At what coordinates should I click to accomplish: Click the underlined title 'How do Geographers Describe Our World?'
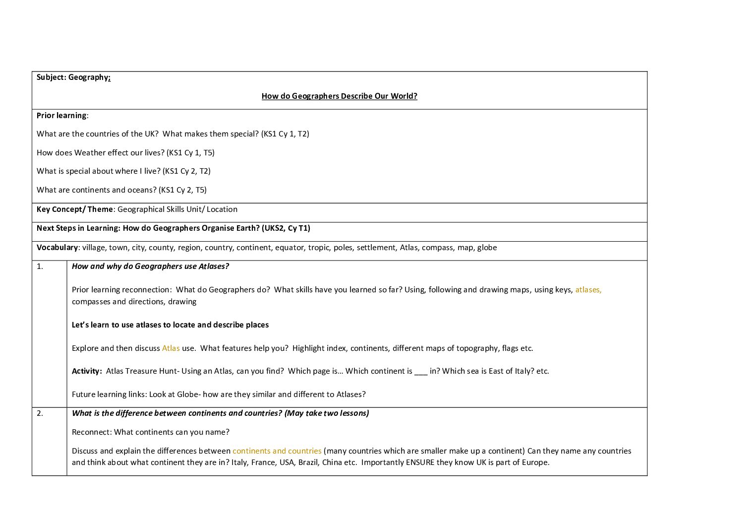pos(339,96)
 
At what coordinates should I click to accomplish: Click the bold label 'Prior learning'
pos(61,116)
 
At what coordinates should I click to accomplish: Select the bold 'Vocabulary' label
pos(57,248)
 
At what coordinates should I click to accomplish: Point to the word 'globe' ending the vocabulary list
pos(487,248)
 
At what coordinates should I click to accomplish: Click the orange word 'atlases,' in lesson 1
pos(588,290)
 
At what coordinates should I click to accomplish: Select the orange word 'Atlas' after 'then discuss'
pos(171,348)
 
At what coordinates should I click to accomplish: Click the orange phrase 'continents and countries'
pos(277,451)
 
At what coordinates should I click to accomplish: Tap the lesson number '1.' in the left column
pos(40,266)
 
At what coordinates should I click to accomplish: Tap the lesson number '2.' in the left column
pos(40,413)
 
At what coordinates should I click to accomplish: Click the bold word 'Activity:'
pos(87,371)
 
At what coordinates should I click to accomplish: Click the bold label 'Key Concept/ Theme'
pos(75,209)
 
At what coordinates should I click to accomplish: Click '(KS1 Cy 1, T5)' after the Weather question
pos(190,153)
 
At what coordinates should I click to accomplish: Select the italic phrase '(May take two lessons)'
pos(327,413)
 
